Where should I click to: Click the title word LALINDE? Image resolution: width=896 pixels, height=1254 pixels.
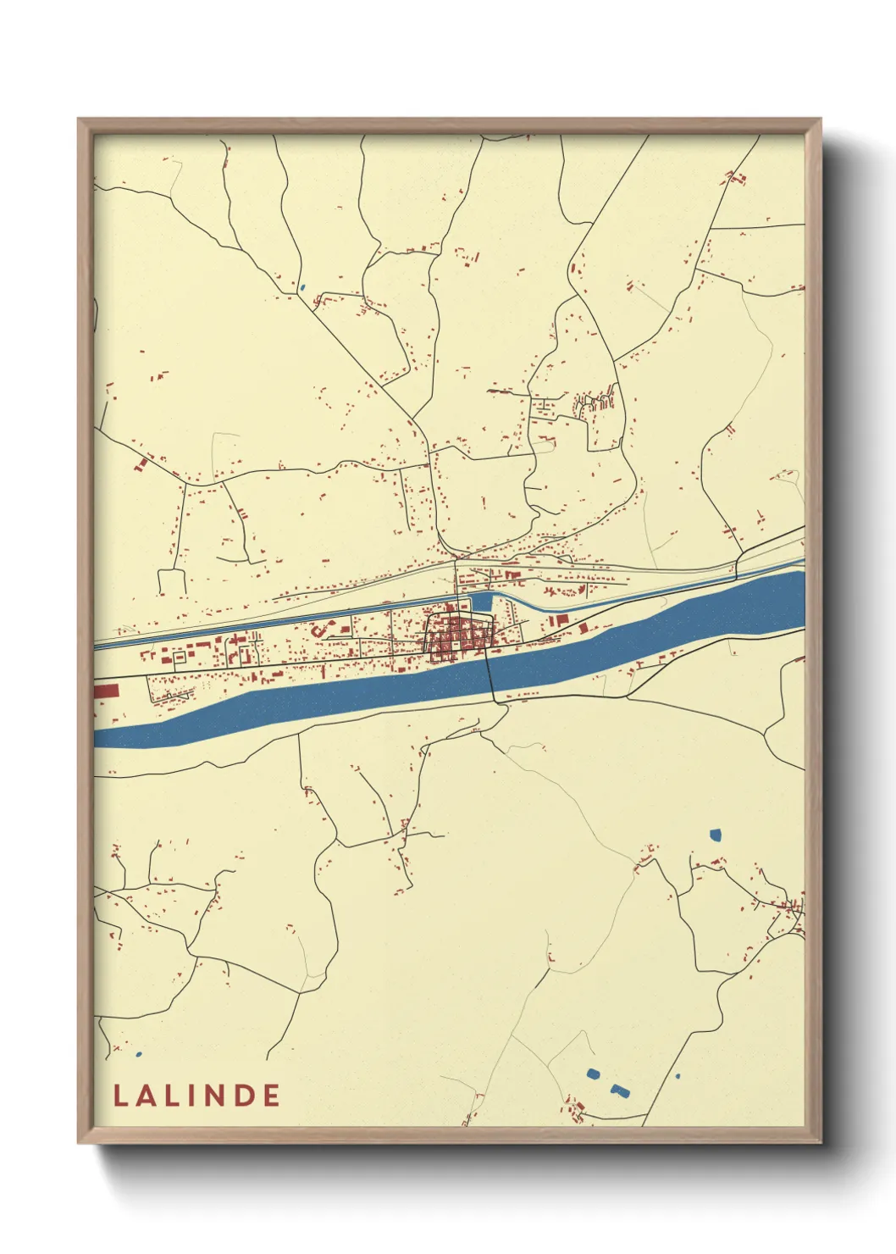click(x=196, y=1096)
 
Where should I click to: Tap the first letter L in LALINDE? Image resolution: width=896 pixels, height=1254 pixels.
click(x=120, y=1096)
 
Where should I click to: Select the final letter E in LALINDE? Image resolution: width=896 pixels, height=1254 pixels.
click(x=271, y=1096)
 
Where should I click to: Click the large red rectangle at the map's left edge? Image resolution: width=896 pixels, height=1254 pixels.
click(x=106, y=691)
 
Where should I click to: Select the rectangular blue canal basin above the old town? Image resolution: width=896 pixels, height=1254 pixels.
click(x=480, y=602)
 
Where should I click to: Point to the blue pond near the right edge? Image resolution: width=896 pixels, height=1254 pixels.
click(x=716, y=835)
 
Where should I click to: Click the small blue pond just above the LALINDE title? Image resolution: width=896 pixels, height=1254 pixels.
click(x=138, y=1055)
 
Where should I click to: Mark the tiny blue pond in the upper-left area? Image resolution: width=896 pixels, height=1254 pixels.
click(x=301, y=287)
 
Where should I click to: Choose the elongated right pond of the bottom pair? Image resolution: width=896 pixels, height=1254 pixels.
click(x=621, y=1089)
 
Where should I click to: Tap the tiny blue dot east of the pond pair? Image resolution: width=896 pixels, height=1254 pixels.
click(x=678, y=1077)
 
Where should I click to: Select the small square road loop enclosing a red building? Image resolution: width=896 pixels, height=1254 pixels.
click(x=246, y=654)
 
